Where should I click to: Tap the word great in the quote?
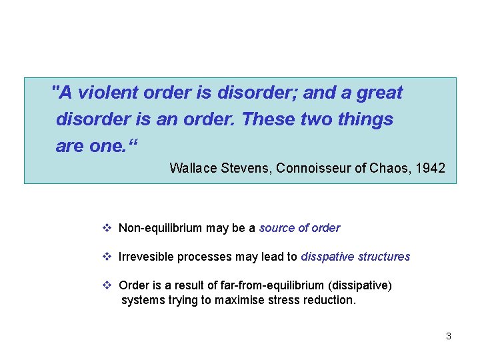point(379,93)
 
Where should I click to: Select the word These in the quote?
point(267,119)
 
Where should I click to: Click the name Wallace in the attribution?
point(193,168)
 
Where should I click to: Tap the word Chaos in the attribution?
point(387,168)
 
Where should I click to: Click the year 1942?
point(430,168)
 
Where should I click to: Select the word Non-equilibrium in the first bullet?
point(160,228)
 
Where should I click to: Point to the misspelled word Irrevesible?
point(143,257)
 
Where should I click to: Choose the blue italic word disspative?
point(327,257)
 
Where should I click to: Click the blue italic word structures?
point(383,257)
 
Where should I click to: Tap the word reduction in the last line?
point(331,300)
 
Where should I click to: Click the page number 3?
point(449,336)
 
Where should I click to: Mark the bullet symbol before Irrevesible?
point(107,257)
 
